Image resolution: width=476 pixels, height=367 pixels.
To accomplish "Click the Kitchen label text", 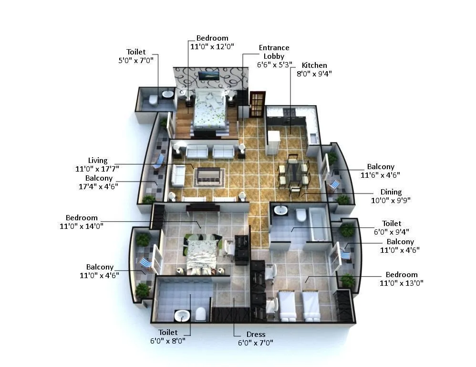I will pyautogui.click(x=314, y=65).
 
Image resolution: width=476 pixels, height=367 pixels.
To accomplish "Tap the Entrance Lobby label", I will pyautogui.click(x=274, y=52).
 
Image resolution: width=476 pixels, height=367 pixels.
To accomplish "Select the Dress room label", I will pyautogui.click(x=256, y=335).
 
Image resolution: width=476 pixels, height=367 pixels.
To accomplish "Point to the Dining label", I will pyautogui.click(x=391, y=192).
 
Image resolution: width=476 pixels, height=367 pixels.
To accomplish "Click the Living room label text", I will pyautogui.click(x=98, y=161).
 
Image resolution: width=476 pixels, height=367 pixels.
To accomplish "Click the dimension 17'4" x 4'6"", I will pyautogui.click(x=99, y=186).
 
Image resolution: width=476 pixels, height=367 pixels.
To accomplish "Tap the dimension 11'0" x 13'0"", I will pyautogui.click(x=401, y=283).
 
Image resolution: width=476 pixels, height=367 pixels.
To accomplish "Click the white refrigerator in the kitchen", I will pyautogui.click(x=273, y=142).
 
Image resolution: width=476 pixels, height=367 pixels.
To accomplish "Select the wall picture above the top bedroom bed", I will pyautogui.click(x=208, y=76).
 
